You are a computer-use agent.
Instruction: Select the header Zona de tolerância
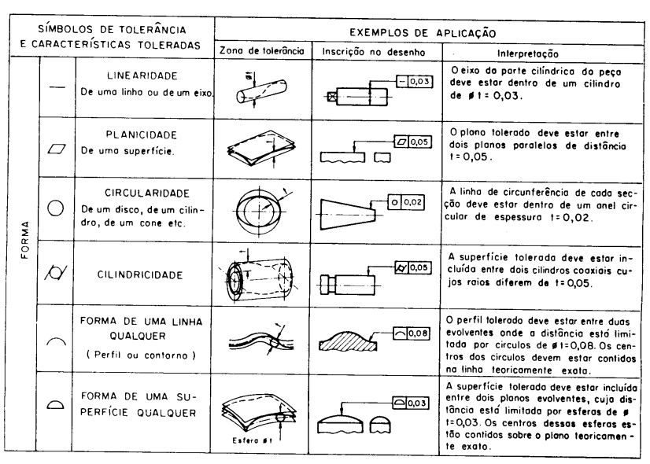point(260,53)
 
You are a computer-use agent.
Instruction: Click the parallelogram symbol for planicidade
point(56,147)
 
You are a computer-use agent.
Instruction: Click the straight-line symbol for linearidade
point(56,90)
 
